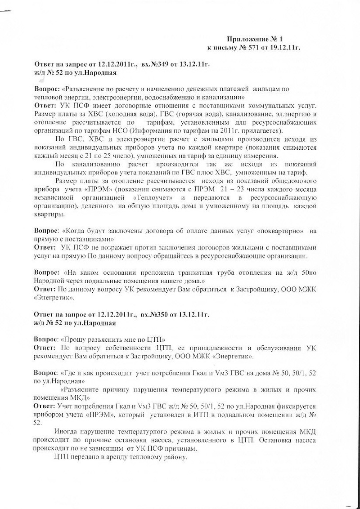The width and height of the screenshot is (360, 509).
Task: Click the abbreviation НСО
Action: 146,131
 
